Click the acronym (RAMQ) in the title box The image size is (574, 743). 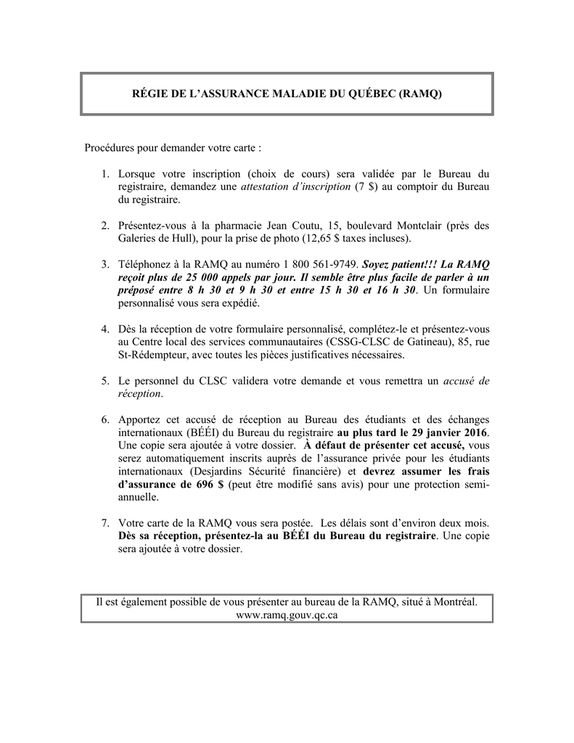tap(419, 94)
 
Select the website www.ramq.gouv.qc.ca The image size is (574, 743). tap(287, 615)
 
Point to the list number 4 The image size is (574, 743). tap(105, 330)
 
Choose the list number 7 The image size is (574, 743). tap(105, 522)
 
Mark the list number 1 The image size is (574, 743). tap(105, 173)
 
